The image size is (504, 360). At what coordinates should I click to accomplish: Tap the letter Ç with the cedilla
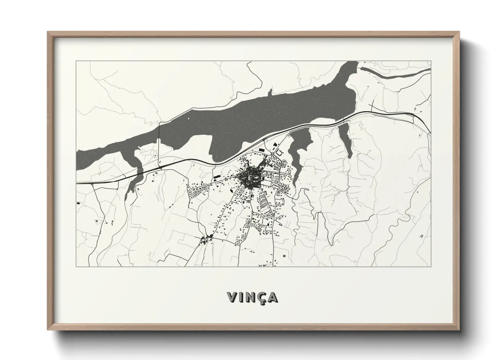(261, 297)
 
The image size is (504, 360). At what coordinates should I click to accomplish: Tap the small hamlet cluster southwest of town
(206, 239)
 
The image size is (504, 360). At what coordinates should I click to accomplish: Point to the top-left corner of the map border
(76, 61)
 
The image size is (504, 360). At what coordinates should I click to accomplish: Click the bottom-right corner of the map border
(431, 266)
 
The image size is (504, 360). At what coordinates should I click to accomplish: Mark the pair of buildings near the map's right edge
(422, 236)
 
